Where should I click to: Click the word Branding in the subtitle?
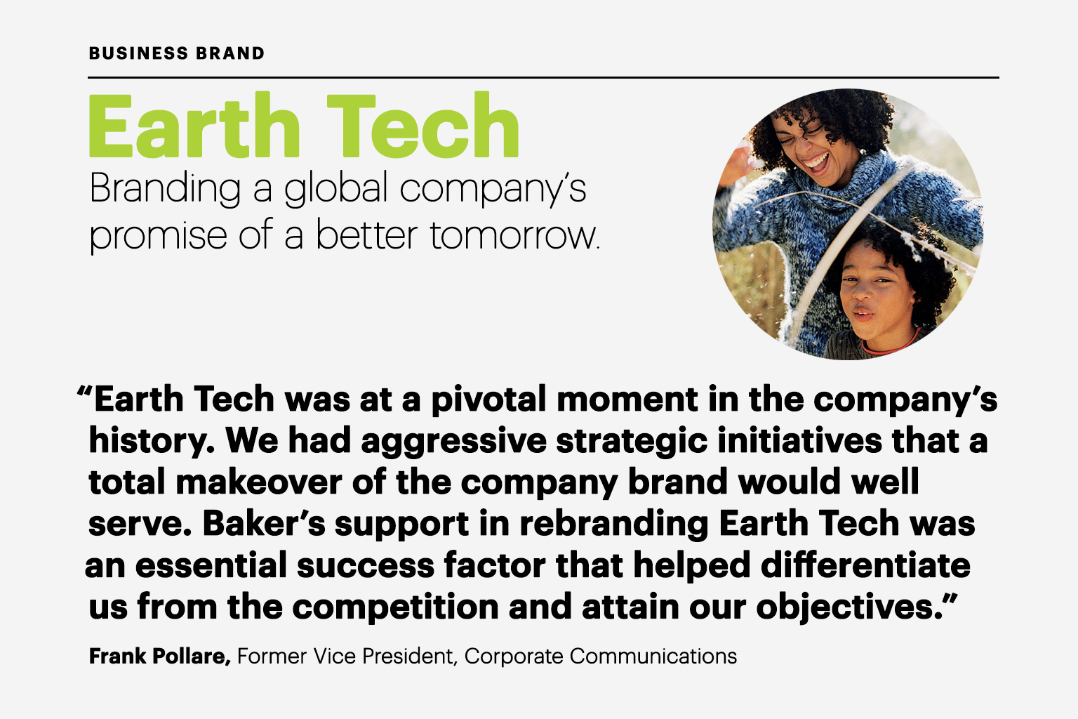coord(165,190)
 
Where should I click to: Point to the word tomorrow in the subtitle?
coord(513,235)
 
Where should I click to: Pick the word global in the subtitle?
coord(336,190)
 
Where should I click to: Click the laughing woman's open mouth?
coord(816,163)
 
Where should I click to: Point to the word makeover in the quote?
coord(259,482)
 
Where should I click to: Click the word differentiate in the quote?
coord(865,565)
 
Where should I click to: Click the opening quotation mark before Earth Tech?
coord(84,391)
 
